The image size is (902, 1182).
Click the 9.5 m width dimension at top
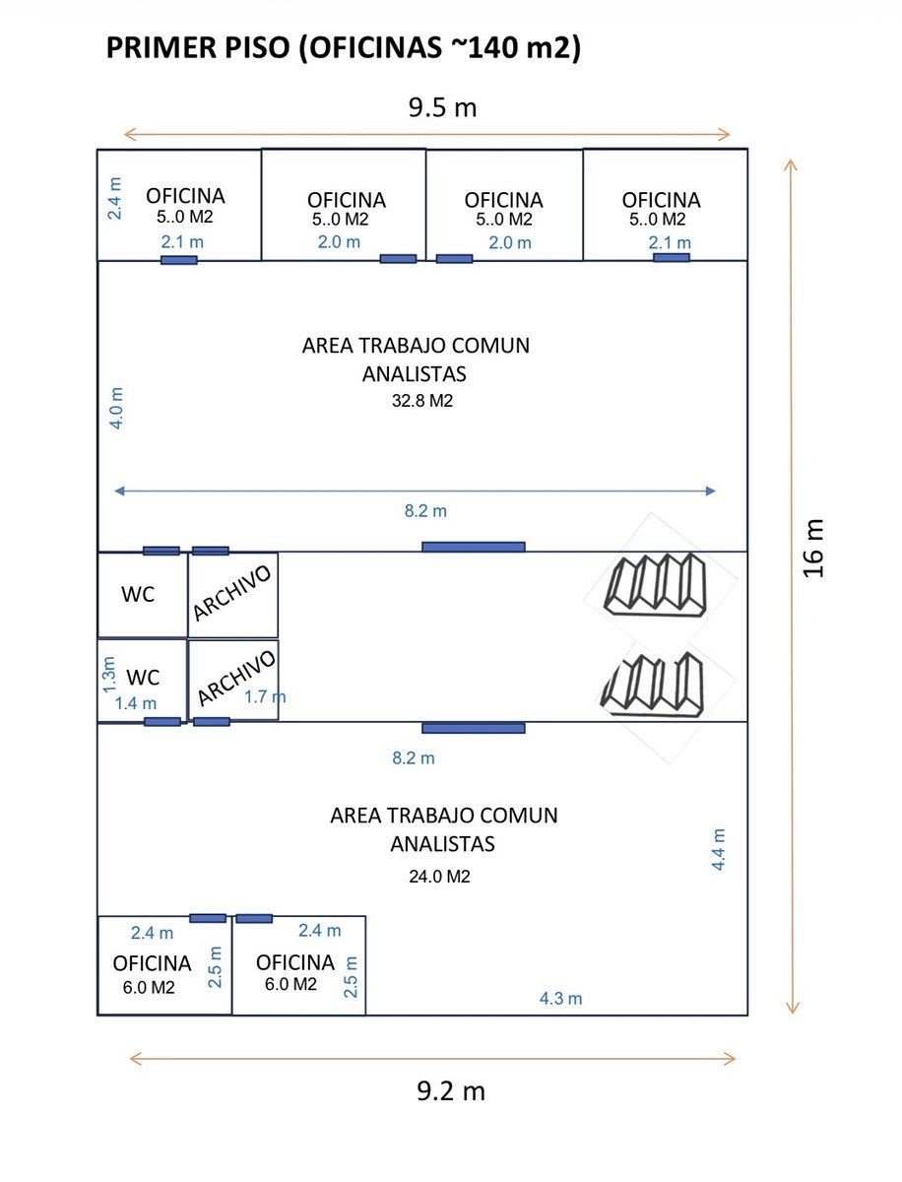point(442,107)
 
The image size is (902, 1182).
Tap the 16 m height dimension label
point(813,549)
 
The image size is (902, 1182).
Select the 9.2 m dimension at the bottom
point(451,1091)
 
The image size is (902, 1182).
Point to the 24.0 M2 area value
point(439,876)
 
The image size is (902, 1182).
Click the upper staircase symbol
point(657,584)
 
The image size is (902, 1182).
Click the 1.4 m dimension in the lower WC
point(135,703)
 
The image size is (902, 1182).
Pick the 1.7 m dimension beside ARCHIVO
point(265,697)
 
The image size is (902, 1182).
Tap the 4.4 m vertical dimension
point(719,849)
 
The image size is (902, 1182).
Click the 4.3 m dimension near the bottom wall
point(560,998)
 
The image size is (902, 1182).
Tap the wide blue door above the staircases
point(474,547)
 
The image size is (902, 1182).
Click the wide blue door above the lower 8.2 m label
point(474,728)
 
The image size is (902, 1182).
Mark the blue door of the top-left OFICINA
point(179,260)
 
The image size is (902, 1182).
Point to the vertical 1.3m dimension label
point(109,675)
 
